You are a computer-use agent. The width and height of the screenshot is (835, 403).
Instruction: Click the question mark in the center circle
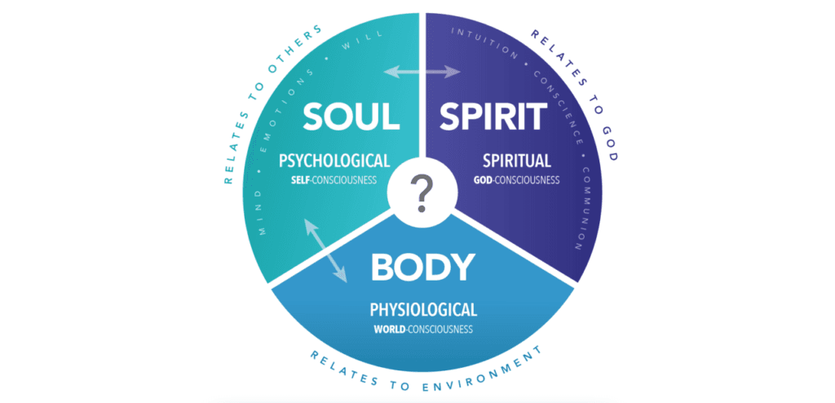point(422,194)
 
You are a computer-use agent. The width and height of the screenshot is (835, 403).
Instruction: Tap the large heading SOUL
point(352,116)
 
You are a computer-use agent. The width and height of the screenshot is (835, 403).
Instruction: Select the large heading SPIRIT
point(493,116)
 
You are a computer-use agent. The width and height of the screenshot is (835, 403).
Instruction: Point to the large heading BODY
point(423,266)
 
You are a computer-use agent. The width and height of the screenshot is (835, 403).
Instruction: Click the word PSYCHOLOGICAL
point(335,161)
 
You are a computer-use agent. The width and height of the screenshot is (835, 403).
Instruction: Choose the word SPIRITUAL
point(516,161)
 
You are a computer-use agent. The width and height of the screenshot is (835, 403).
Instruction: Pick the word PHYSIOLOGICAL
point(423,309)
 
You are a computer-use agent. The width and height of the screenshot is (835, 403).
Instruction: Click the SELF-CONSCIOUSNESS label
point(334,179)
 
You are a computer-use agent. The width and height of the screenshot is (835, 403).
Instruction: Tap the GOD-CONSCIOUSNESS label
point(516,179)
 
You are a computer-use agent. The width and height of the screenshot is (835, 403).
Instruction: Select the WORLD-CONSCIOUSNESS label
point(423,329)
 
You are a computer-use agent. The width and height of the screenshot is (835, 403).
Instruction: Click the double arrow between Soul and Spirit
point(422,72)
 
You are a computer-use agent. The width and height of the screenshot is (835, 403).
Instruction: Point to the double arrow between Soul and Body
point(325,250)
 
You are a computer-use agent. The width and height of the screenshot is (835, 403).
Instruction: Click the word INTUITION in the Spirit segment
point(484,42)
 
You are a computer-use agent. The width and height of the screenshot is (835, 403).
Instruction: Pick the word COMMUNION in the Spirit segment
point(587,208)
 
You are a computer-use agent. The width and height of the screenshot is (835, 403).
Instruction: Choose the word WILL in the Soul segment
point(363,41)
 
